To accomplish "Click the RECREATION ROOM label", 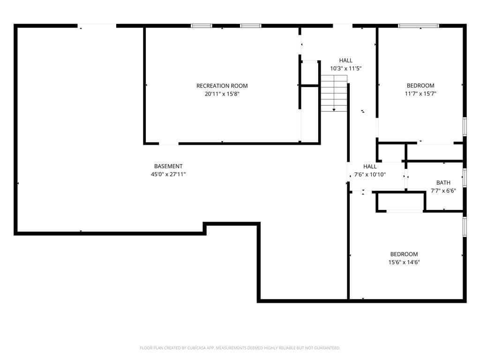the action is [x=222, y=86].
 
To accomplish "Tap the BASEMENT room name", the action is [x=168, y=166].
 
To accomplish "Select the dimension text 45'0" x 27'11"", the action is [x=168, y=174].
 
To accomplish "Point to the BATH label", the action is [x=443, y=183].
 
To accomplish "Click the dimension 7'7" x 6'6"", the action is [x=443, y=191].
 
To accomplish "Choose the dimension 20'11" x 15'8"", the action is [x=222, y=94].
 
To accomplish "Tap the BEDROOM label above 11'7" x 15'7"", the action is [x=420, y=86].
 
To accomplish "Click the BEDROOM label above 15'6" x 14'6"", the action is [x=404, y=254].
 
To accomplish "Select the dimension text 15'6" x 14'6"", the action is [x=404, y=262].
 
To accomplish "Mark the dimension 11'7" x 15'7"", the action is [x=420, y=94].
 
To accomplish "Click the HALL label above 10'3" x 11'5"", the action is [x=345, y=60].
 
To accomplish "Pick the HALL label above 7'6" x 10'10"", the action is [x=370, y=166].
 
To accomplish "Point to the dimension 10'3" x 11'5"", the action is [x=345, y=68].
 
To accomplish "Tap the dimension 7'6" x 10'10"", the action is [x=370, y=174].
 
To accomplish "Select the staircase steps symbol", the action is [x=334, y=93].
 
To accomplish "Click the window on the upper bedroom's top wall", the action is [x=419, y=26].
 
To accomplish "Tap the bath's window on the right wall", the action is [x=465, y=178].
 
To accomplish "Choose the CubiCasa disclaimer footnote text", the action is [x=240, y=348].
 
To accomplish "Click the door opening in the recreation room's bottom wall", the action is [x=169, y=143].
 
